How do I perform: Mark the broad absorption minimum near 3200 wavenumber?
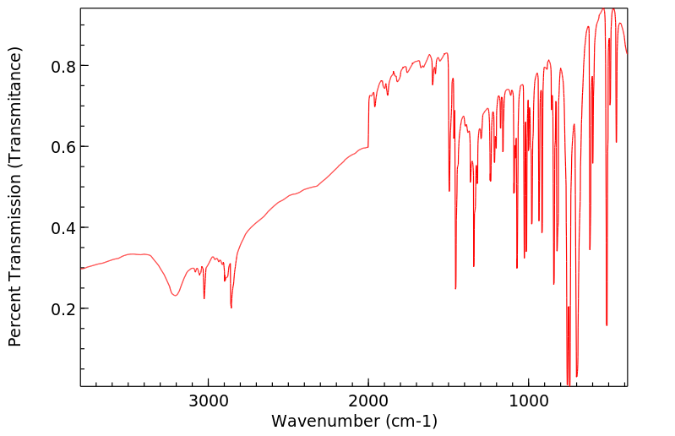(175, 295)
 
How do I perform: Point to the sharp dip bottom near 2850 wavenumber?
(231, 308)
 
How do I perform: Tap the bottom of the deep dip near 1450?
(455, 289)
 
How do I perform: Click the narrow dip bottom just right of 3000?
(204, 298)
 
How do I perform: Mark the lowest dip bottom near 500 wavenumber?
(607, 325)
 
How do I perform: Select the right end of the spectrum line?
(627, 53)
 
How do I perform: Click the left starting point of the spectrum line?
(81, 268)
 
